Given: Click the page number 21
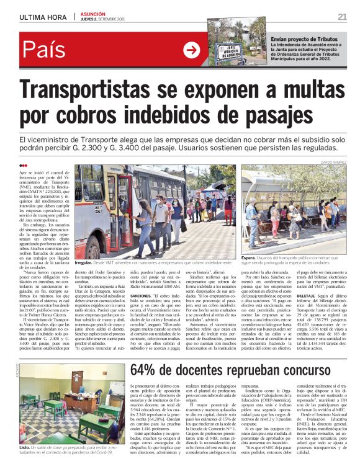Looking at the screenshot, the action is pyautogui.click(x=342, y=16).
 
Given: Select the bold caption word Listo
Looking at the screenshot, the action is pyautogui.click(x=25, y=447).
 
